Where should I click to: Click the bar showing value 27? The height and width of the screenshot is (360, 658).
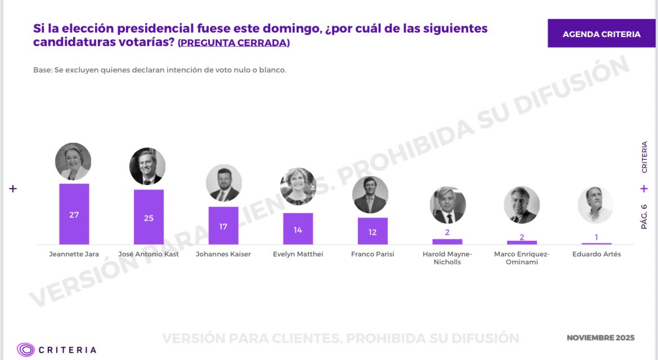[74, 214]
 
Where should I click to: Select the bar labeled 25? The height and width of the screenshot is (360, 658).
[149, 217]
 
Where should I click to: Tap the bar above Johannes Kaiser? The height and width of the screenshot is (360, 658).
[223, 226]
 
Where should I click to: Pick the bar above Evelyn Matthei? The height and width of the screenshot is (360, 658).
[298, 229]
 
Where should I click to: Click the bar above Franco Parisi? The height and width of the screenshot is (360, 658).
[373, 231]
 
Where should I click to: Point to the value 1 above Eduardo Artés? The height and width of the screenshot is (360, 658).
[596, 237]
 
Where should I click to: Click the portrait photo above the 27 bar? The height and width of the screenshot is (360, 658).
[73, 161]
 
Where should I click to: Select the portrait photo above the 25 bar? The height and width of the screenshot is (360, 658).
[147, 166]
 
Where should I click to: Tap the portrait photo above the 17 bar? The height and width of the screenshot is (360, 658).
[223, 183]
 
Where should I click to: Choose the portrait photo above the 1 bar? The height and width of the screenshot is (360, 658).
[596, 205]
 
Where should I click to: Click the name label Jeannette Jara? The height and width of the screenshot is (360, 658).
[74, 254]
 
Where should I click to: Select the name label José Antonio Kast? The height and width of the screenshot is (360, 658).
[149, 254]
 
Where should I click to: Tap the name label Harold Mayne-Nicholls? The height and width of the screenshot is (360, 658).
[447, 258]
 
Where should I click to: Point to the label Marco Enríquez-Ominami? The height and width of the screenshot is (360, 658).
[522, 258]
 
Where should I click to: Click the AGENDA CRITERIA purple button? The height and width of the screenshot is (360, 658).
[601, 34]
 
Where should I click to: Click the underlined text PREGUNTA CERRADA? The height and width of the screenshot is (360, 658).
[234, 43]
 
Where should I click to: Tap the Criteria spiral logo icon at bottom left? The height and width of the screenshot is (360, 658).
[25, 350]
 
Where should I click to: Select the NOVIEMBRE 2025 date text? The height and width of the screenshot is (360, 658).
[600, 338]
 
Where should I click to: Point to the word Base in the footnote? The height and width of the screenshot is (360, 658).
[42, 70]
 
